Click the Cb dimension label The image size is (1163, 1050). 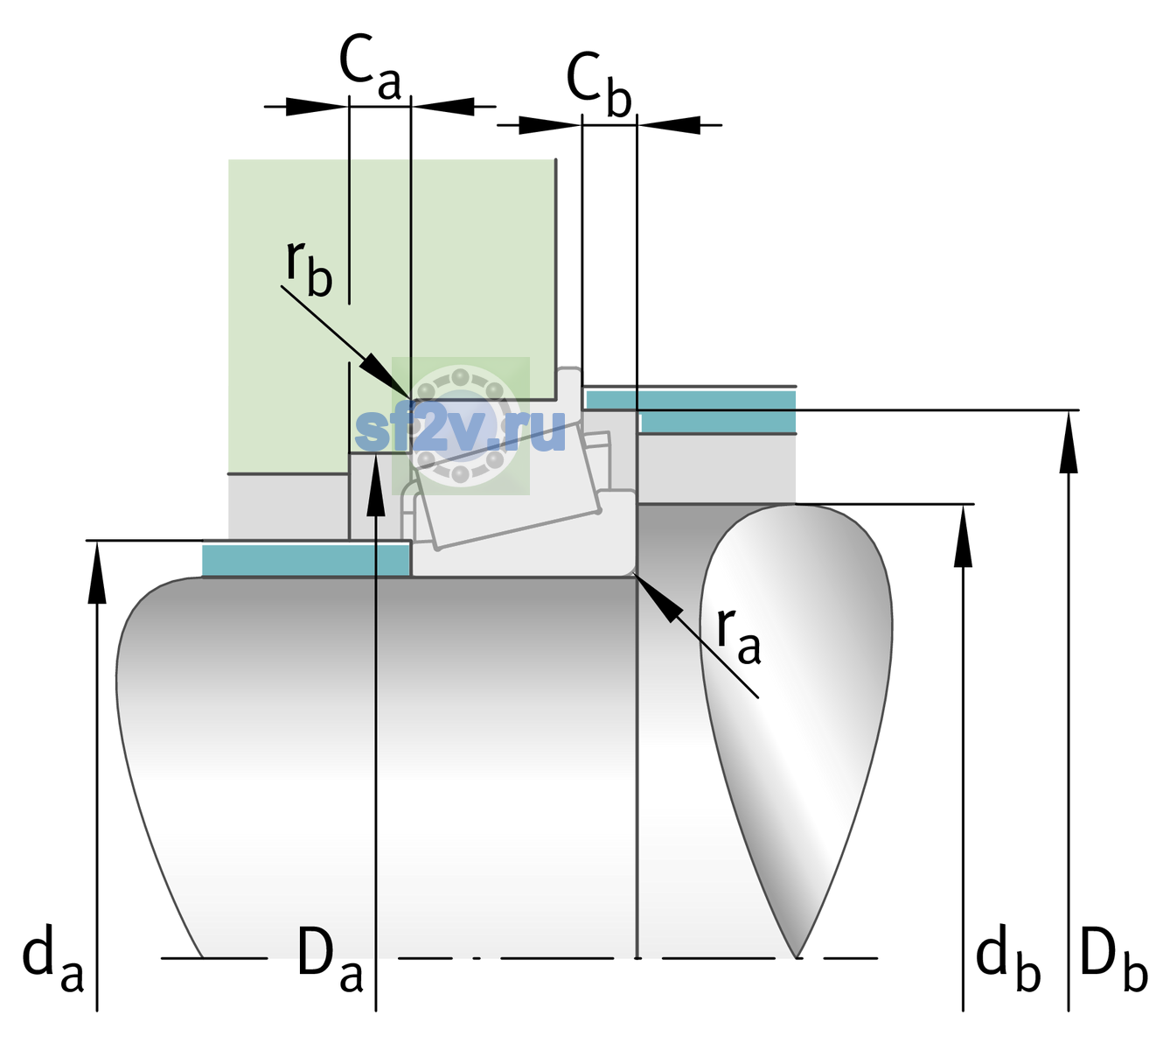pyautogui.click(x=598, y=84)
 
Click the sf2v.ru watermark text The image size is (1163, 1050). pyautogui.click(x=460, y=430)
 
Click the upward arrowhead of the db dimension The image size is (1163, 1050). pyautogui.click(x=963, y=535)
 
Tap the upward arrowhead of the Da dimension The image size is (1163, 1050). pyautogui.click(x=376, y=485)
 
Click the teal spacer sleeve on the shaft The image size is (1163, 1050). pyautogui.click(x=306, y=560)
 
